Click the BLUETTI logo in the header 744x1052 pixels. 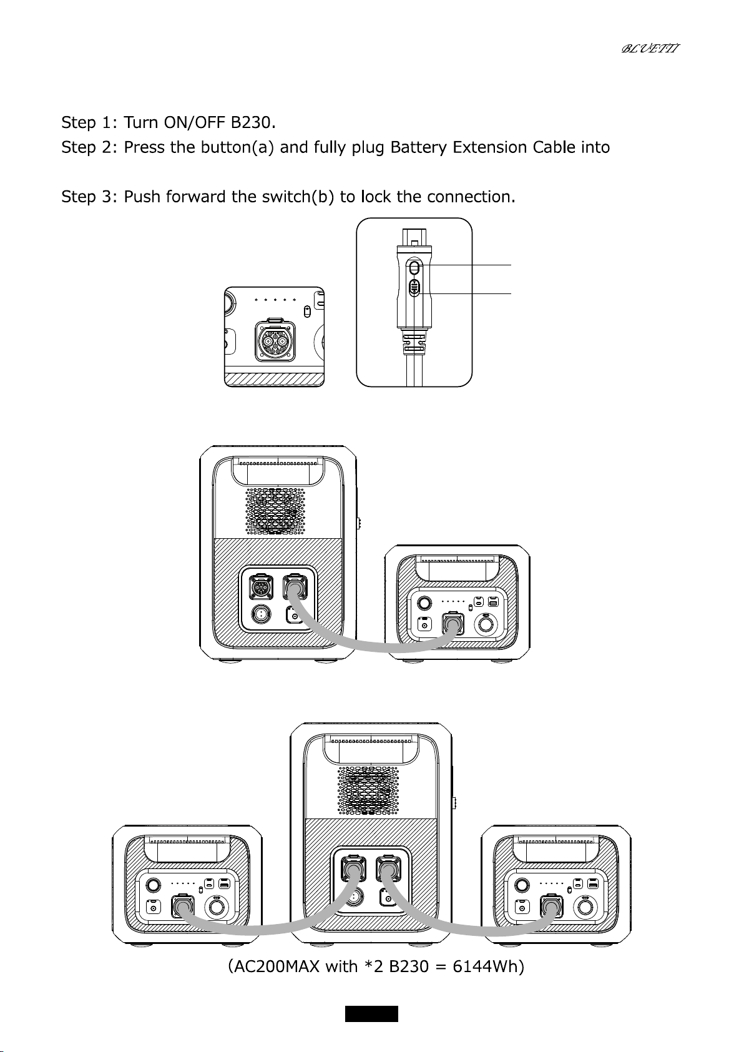click(650, 48)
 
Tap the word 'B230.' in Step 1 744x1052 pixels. click(253, 123)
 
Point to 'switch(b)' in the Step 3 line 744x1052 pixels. click(298, 197)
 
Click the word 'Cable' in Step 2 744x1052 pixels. click(554, 147)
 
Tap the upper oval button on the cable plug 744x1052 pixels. click(414, 268)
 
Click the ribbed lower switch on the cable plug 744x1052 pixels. click(414, 287)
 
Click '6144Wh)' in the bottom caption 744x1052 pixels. click(488, 966)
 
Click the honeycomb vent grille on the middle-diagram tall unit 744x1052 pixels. click(275, 511)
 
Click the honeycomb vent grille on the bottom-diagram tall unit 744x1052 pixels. click(368, 791)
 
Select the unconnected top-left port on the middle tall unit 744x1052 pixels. click(260, 587)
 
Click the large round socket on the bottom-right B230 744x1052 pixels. click(585, 906)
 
